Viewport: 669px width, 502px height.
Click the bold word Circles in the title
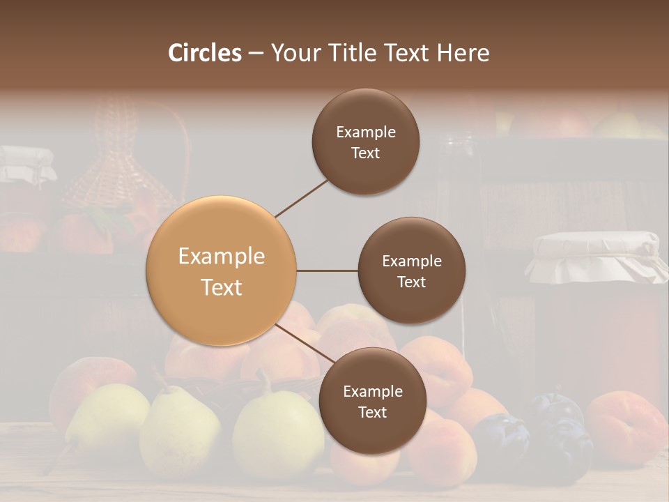[205, 53]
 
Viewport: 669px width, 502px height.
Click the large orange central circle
[221, 271]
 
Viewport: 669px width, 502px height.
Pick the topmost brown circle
[365, 142]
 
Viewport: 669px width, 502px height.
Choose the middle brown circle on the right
[411, 271]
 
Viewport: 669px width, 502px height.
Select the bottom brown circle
[372, 401]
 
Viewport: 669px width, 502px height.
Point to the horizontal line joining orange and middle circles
[327, 271]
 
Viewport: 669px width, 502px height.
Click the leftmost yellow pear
[108, 418]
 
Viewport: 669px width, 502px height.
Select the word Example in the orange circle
[221, 257]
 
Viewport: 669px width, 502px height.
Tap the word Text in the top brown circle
[365, 153]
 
